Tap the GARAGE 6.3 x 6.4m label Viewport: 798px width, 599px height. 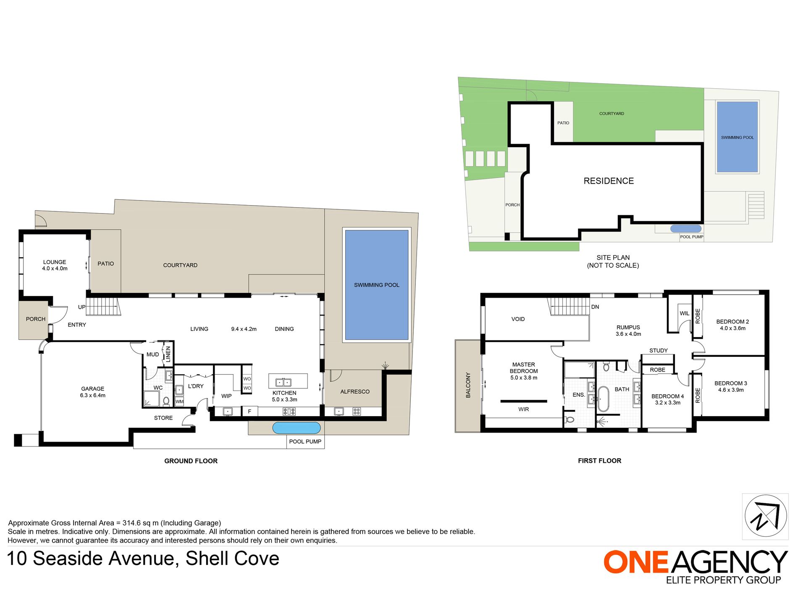point(93,392)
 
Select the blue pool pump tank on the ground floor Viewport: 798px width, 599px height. point(296,428)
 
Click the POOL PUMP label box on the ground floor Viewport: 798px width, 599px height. point(305,442)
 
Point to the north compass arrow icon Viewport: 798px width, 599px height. point(765,517)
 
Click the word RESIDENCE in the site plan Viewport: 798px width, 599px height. point(609,181)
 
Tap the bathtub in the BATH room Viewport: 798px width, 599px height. point(603,399)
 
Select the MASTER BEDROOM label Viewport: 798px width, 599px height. point(524,368)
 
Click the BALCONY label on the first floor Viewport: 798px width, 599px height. point(468,385)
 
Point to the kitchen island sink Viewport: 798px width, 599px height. point(283,382)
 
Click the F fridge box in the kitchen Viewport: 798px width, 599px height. point(249,412)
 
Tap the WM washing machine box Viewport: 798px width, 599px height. point(179,401)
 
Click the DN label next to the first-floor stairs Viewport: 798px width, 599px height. point(595,307)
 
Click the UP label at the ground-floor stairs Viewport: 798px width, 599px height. point(81,307)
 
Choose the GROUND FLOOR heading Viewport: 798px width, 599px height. point(191,461)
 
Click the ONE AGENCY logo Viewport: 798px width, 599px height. point(695,565)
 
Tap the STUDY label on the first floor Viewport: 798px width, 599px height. point(659,351)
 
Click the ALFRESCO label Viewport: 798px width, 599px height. point(355,392)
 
